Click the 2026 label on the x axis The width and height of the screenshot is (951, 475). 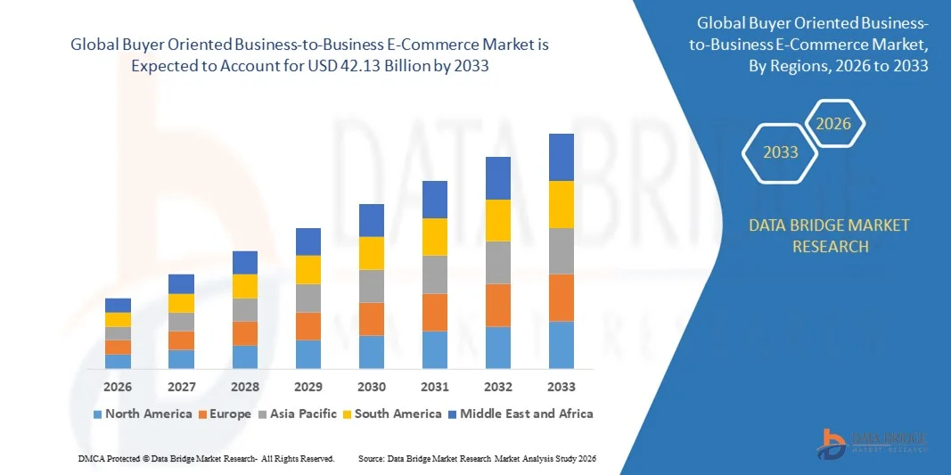tap(118, 387)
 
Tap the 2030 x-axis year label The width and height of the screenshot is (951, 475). tap(372, 387)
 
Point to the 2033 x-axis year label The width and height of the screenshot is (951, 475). tap(562, 387)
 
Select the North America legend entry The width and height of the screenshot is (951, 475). tap(143, 414)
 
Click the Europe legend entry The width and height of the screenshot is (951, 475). tap(225, 414)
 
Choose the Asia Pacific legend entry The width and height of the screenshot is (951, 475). tap(299, 414)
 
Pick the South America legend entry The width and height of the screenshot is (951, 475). tap(391, 414)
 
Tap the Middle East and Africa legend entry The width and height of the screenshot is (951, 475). tap(521, 414)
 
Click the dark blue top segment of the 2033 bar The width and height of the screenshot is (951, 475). tap(562, 157)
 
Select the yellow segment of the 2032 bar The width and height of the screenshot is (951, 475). tap(498, 220)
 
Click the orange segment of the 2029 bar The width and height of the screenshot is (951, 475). tap(308, 325)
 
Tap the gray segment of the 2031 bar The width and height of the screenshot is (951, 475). tap(435, 274)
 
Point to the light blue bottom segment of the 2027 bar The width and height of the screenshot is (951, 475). tap(181, 358)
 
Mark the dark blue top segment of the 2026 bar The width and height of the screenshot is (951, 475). tap(118, 305)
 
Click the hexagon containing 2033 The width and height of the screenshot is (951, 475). tap(781, 152)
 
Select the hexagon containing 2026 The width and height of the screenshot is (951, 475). tap(835, 124)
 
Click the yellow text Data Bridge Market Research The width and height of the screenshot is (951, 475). tap(830, 235)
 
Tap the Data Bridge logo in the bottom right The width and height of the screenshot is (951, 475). tap(873, 442)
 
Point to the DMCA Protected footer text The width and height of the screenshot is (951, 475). tap(206, 458)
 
